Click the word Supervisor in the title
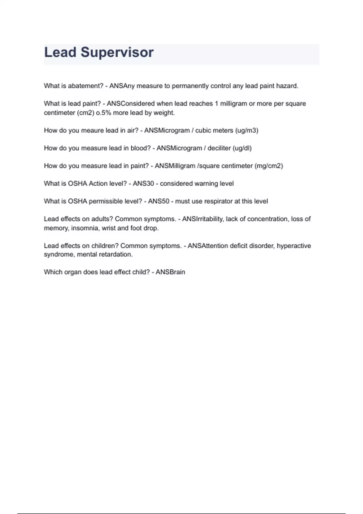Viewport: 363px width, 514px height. click(x=117, y=52)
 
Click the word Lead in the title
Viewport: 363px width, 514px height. click(x=60, y=52)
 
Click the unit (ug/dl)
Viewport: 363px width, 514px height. click(x=242, y=148)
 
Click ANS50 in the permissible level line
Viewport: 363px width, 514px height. click(x=159, y=201)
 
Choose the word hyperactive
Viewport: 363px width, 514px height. click(x=294, y=246)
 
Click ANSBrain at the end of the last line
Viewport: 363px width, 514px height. click(x=170, y=272)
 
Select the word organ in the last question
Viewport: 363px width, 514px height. click(x=73, y=272)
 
